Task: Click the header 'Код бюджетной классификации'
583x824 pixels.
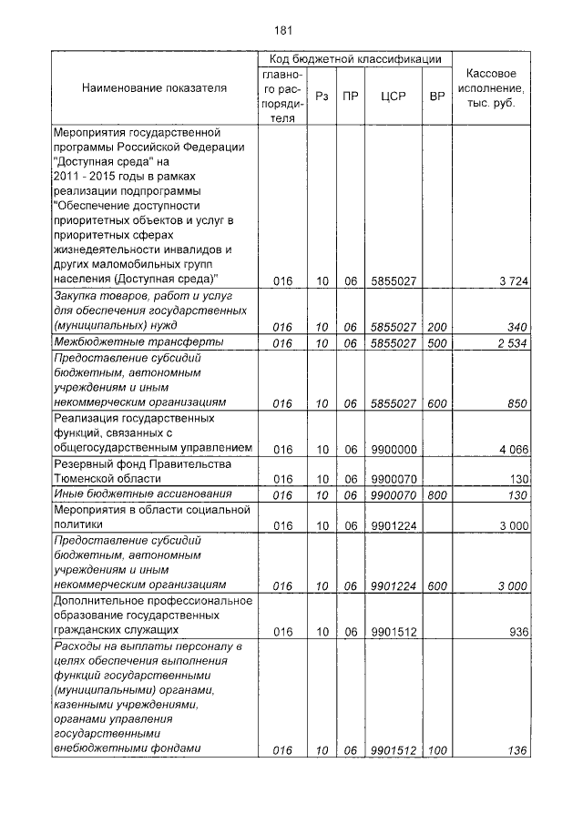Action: click(350, 58)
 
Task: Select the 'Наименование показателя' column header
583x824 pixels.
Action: click(154, 88)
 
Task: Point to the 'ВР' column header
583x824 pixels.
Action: click(436, 94)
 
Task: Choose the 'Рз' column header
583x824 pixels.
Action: click(321, 94)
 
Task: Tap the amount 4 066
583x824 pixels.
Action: click(513, 449)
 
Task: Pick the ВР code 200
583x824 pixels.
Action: click(436, 325)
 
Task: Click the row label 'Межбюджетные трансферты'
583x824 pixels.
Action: click(127, 342)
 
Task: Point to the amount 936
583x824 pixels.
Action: click(517, 629)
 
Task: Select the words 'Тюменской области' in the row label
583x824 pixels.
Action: click(107, 478)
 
